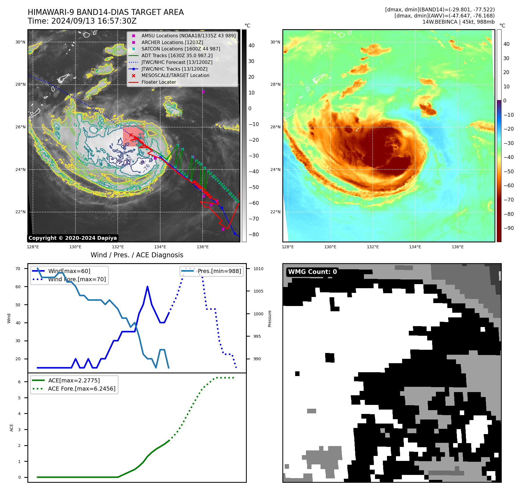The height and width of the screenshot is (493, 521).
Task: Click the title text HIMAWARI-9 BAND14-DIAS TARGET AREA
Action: pos(105,12)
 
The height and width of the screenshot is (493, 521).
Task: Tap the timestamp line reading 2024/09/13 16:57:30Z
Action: pos(94,21)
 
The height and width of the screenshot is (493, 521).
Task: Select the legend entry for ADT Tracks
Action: pos(177,55)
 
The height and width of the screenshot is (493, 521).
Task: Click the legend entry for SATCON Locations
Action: pos(181,49)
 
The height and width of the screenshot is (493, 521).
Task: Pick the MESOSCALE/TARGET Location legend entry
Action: pos(175,75)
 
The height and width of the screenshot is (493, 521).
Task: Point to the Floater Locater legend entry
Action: pos(159,82)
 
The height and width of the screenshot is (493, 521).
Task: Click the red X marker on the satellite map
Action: pos(131,135)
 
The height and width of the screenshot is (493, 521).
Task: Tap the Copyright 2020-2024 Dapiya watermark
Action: pos(73,238)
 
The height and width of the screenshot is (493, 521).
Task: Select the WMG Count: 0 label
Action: pos(312,272)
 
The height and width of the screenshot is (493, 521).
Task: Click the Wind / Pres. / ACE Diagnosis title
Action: pos(137,255)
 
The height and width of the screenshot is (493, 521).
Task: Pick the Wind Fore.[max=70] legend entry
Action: pos(77,279)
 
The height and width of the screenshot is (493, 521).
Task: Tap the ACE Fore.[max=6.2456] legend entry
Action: pos(82,389)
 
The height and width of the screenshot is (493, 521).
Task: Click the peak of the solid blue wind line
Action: pos(147,287)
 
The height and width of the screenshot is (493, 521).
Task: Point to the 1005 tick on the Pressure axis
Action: pos(258,291)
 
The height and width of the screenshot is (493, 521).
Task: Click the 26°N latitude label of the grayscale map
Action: pos(20,127)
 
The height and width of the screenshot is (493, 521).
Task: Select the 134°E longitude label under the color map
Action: pos(415,247)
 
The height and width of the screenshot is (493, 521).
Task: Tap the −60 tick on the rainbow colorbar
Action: pos(509,186)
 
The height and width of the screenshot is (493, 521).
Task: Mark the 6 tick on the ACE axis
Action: pos(20,382)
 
